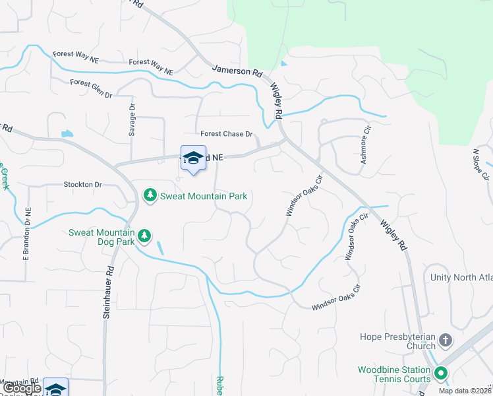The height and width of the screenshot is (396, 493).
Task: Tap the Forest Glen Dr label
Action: pos(92,88)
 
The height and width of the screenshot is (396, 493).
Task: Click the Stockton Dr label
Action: pos(83,185)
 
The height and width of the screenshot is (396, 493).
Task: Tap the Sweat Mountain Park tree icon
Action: pos(150,195)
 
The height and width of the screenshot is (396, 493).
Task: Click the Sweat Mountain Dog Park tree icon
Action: pos(144,235)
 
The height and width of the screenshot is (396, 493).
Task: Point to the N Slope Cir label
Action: pos(480,164)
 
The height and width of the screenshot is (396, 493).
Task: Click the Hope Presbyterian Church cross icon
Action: pos(446,341)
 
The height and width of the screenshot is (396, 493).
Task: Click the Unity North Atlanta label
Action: pos(461,278)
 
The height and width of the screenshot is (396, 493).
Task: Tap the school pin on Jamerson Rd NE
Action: pos(193,158)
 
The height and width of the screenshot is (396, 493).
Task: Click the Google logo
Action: pos(22,389)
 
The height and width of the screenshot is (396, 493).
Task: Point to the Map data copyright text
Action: pos(465,391)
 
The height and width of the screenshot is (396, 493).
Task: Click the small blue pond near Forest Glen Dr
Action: pos(67,133)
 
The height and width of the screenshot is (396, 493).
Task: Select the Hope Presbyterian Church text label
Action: pos(398,341)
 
